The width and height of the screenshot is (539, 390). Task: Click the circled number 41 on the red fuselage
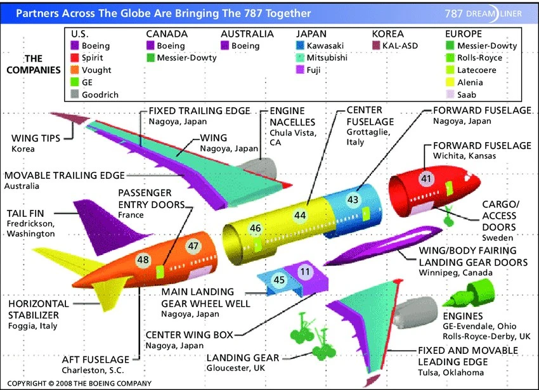coord(426,178)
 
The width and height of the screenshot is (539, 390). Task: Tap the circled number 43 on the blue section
coord(353,200)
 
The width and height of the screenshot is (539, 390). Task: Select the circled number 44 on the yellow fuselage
coord(300,216)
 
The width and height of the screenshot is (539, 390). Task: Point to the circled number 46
coord(256,228)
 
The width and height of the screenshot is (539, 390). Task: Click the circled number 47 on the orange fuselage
coord(193,246)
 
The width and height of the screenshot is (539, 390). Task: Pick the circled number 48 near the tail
coord(143,259)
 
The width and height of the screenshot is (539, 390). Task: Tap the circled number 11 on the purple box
coord(305,271)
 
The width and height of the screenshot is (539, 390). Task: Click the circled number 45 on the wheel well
coord(279,280)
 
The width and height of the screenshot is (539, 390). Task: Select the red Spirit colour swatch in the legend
coord(75,58)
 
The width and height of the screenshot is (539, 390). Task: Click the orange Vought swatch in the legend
coord(75,70)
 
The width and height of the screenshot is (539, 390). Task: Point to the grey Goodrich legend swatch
coord(75,94)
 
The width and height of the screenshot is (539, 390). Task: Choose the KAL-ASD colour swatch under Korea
coord(377,46)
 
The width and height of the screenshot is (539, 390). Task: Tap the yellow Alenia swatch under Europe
coord(450,82)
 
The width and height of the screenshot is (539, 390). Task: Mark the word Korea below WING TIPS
coord(23,149)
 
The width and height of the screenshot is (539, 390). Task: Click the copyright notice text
coord(79,383)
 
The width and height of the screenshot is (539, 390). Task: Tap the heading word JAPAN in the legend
coord(311,34)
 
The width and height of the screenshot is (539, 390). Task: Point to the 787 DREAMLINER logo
coord(483,14)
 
